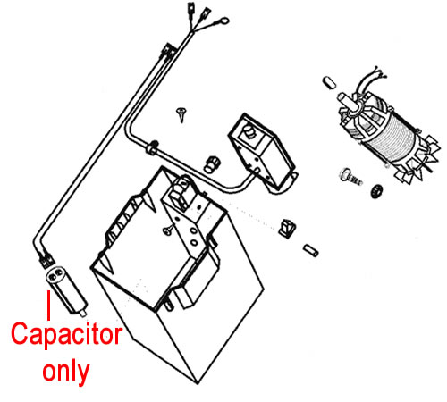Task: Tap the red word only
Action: (66, 372)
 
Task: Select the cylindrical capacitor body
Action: (65, 289)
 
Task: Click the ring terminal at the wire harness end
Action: (223, 21)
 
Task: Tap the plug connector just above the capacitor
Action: (46, 260)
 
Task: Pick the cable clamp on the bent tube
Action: (152, 147)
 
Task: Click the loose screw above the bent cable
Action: (181, 114)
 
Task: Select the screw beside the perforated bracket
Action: (169, 230)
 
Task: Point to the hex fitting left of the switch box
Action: (212, 163)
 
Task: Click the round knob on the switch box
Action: (249, 131)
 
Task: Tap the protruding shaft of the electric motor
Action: (346, 101)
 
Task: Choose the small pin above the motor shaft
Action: (329, 83)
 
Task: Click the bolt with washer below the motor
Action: (350, 176)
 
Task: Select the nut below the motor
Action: (377, 191)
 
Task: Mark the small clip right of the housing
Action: (287, 229)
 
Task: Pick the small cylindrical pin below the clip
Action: (311, 250)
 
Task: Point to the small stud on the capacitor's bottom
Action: (83, 313)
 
